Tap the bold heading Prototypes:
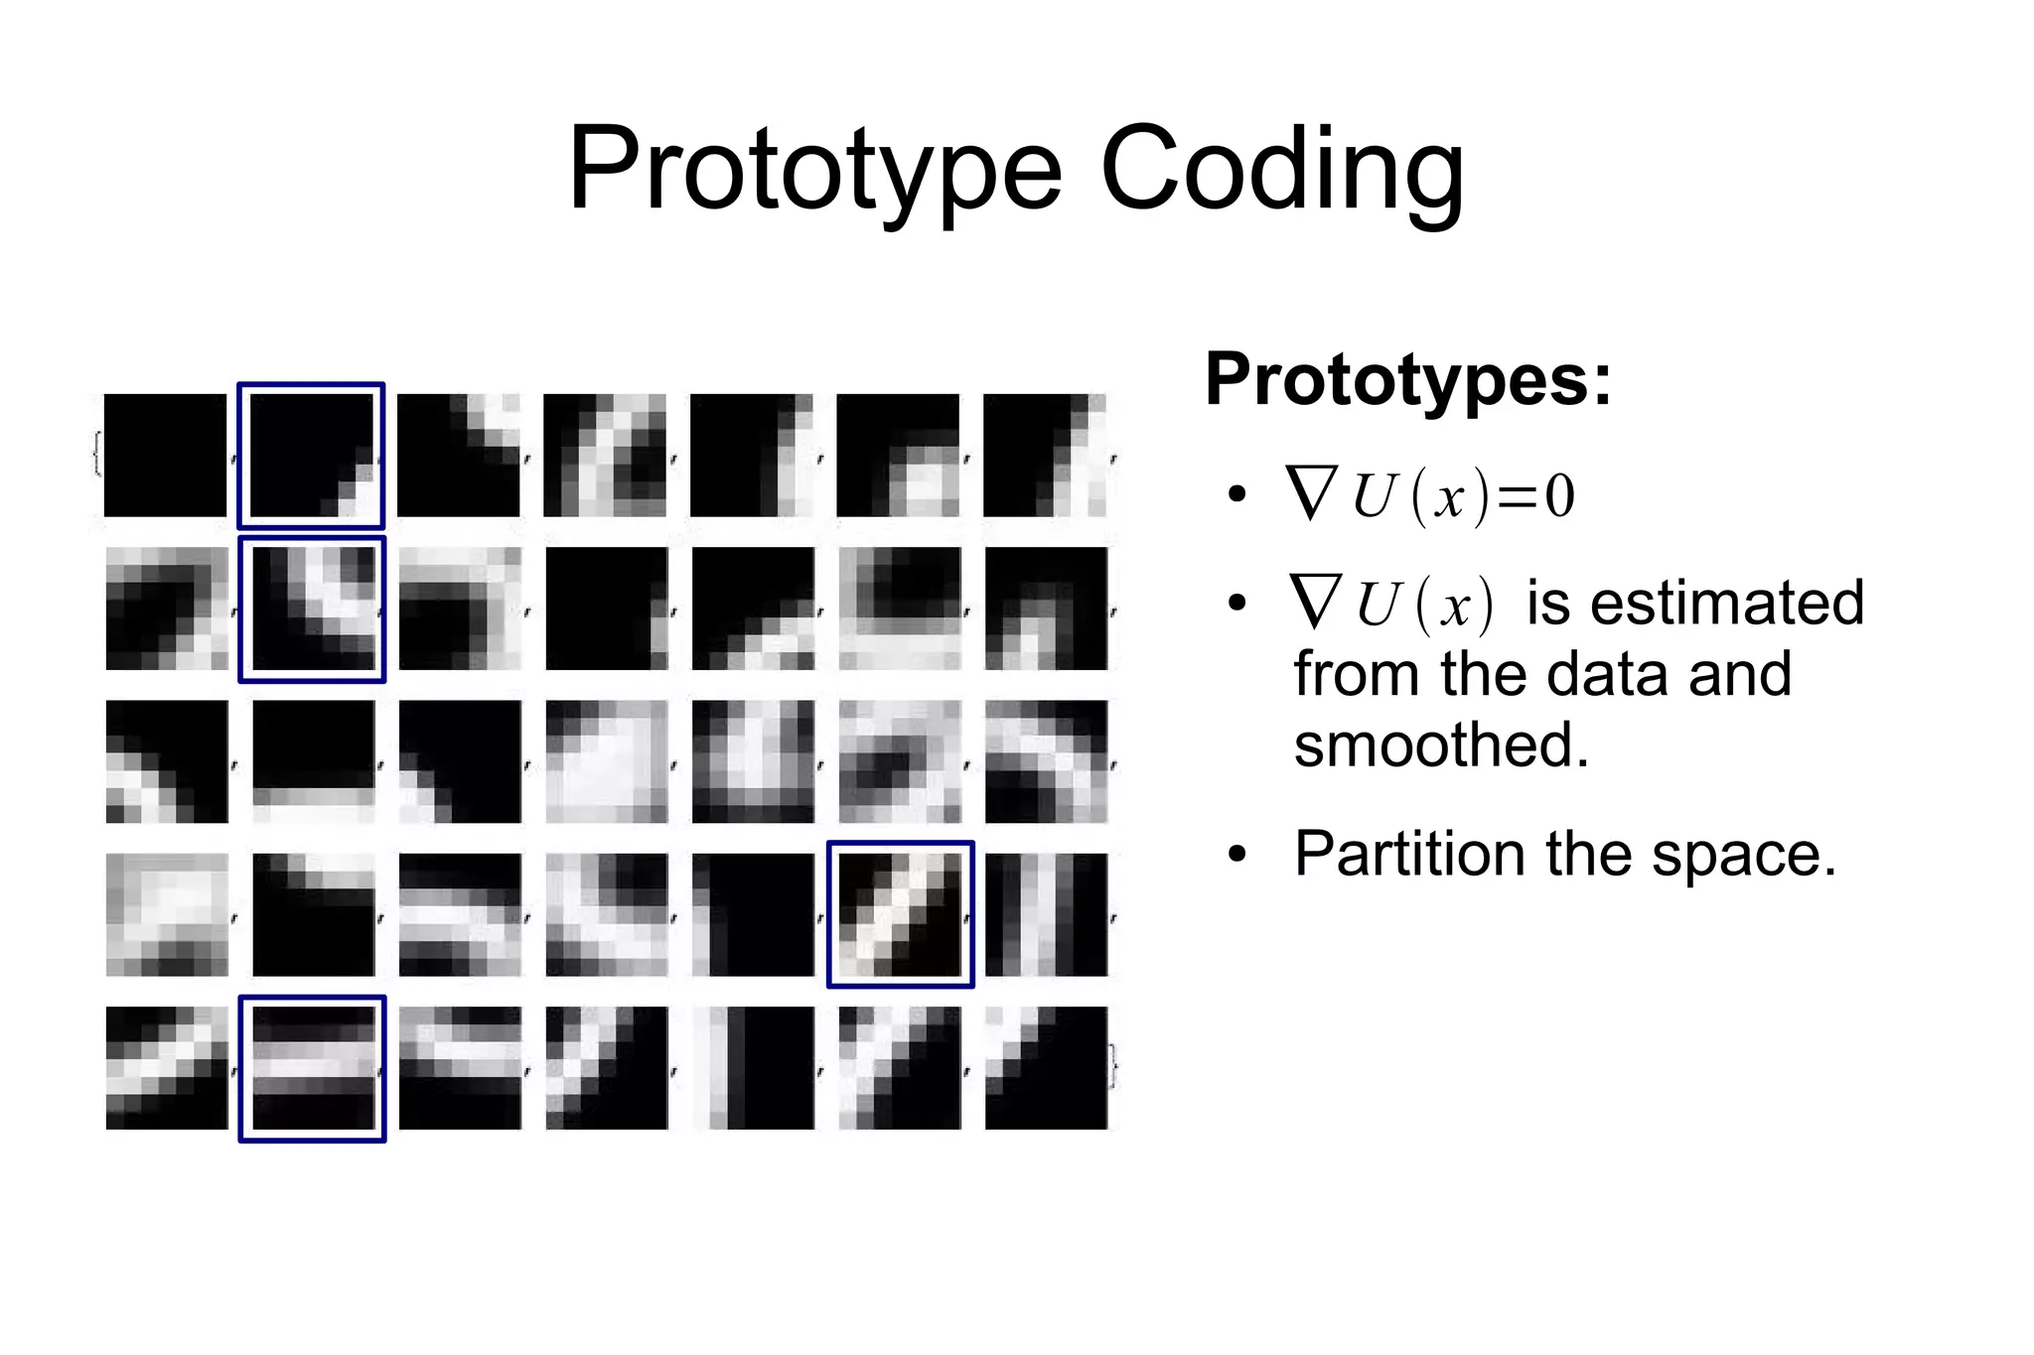click(1407, 379)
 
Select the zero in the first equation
click(1559, 496)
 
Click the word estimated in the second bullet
click(1694, 604)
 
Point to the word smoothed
click(1440, 745)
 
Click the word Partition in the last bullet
click(1408, 854)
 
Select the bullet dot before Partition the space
click(1235, 855)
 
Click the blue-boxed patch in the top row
click(312, 456)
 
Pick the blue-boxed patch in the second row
click(312, 609)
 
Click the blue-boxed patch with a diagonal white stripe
click(900, 914)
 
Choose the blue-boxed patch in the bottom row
click(312, 1068)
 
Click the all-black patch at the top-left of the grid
click(165, 456)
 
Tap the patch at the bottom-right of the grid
click(1045, 1068)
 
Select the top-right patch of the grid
click(1045, 456)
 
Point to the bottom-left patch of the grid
click(166, 1068)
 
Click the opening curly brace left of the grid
click(96, 455)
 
